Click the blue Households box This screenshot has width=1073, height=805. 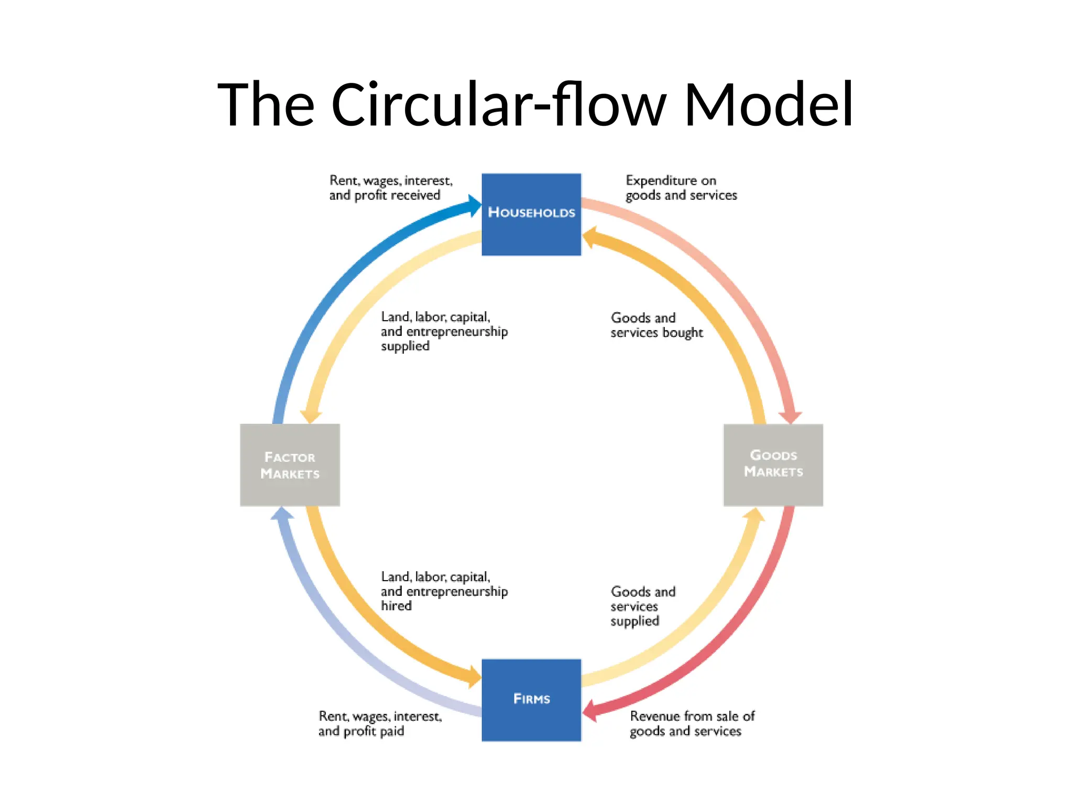pos(531,214)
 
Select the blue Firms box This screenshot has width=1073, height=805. pos(531,700)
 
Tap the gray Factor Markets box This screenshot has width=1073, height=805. pos(290,465)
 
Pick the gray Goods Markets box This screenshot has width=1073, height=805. pos(773,465)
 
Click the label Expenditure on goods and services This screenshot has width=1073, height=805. pos(681,188)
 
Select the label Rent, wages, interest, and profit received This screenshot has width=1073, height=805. pos(390,188)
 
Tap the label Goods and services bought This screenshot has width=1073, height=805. pos(656,325)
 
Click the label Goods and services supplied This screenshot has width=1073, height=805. pos(642,606)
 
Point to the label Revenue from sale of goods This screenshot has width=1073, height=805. pos(692,723)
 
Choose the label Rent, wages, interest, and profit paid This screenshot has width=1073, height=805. pos(380,723)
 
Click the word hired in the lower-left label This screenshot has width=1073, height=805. pos(396,606)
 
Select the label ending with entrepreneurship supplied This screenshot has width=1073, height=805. pos(443,331)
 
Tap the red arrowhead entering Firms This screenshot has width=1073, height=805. pos(590,711)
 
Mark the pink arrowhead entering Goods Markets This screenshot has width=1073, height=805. pos(791,417)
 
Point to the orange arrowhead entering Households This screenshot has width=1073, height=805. pos(590,237)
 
